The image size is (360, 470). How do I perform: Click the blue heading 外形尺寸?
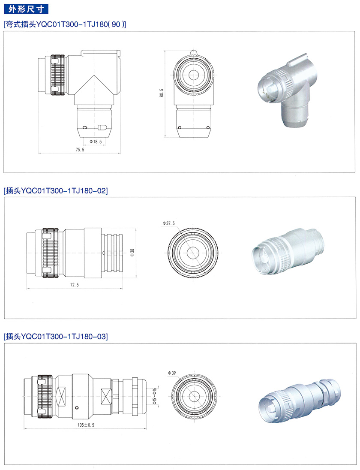click(x=26, y=9)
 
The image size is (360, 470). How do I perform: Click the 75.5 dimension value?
click(x=80, y=150)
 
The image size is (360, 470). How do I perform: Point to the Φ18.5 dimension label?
click(x=96, y=142)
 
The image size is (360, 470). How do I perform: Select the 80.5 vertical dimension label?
click(x=162, y=93)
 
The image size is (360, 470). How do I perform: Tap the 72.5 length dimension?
click(x=75, y=285)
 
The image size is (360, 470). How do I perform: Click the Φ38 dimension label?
click(x=132, y=253)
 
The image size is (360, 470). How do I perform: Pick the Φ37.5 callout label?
click(x=168, y=223)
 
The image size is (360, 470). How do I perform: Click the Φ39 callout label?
click(x=172, y=373)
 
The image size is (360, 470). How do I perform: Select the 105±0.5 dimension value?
click(x=86, y=425)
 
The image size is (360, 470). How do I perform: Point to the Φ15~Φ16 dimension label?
click(x=155, y=396)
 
